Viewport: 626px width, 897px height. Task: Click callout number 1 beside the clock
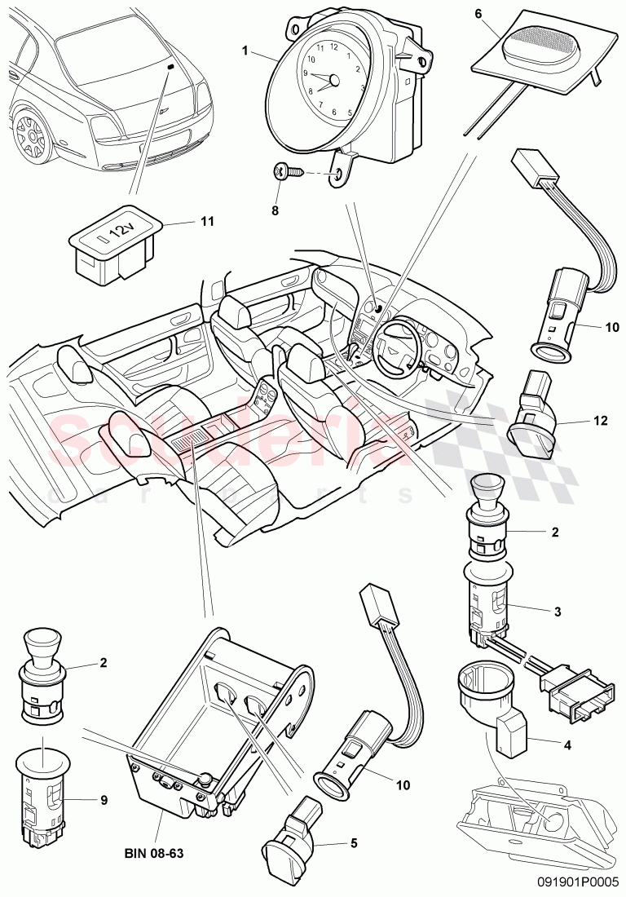click(245, 51)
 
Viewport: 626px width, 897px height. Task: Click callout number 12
click(601, 421)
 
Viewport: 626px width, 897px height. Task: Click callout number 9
click(104, 800)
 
